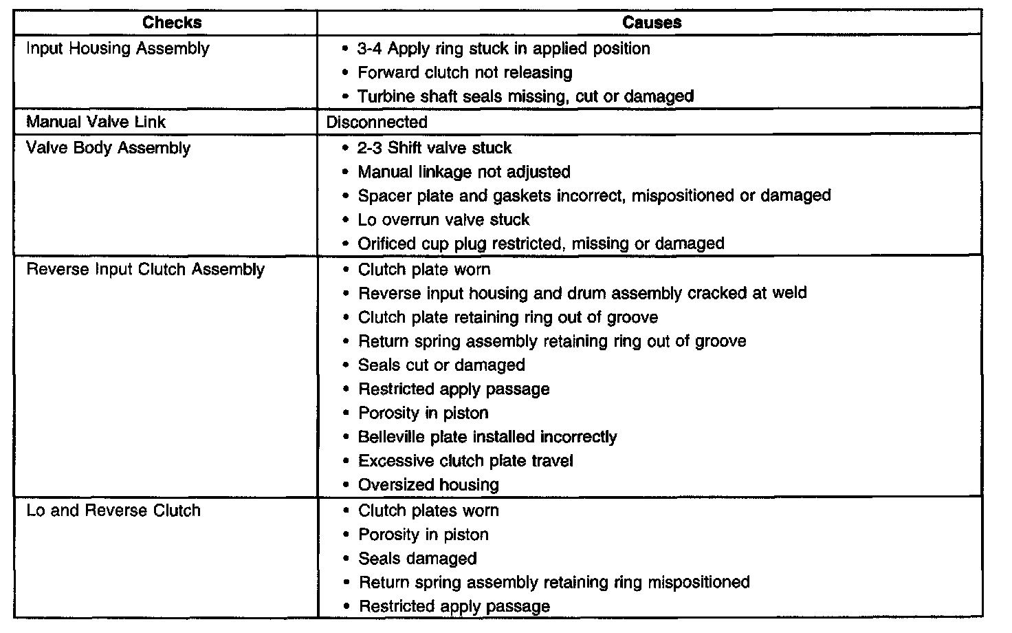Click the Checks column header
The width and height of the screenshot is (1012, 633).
point(172,23)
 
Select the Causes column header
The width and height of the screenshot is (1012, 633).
point(651,23)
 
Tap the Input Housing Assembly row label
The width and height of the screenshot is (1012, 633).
point(118,49)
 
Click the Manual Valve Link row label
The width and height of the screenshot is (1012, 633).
point(96,122)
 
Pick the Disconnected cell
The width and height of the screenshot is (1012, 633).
point(377,122)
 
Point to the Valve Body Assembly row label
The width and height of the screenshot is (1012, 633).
point(108,148)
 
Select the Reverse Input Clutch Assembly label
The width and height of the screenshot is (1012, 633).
point(145,269)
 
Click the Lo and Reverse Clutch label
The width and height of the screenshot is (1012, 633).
point(113,511)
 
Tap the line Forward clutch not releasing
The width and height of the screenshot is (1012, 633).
point(465,73)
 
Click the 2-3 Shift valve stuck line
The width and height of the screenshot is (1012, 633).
point(434,148)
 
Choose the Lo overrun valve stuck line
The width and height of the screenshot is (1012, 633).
point(443,220)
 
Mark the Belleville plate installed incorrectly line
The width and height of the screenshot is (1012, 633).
point(487,437)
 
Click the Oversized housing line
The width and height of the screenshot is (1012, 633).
point(428,485)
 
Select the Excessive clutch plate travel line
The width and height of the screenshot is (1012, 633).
point(465,461)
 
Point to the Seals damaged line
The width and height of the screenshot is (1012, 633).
point(417,559)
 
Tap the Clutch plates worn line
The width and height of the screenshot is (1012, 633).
point(428,511)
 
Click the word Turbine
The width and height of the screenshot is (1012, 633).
point(385,97)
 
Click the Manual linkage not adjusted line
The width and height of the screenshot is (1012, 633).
point(464,172)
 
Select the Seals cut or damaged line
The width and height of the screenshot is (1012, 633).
point(441,365)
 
